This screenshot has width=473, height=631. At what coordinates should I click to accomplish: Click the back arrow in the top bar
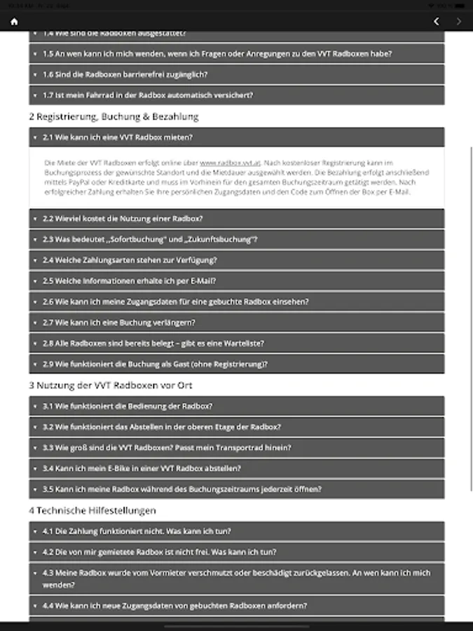click(x=437, y=21)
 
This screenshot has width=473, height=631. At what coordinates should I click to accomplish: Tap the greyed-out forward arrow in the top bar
click(x=459, y=21)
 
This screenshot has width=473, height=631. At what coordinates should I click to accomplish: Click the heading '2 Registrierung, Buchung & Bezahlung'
click(x=114, y=116)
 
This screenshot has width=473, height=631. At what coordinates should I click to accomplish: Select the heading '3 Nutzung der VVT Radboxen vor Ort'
click(x=111, y=385)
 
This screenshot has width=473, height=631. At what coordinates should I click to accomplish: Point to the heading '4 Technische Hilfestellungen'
click(x=92, y=510)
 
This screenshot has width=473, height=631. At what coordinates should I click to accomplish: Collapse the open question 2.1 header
click(x=236, y=137)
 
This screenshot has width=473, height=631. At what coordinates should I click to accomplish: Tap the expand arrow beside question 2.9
click(x=35, y=365)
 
